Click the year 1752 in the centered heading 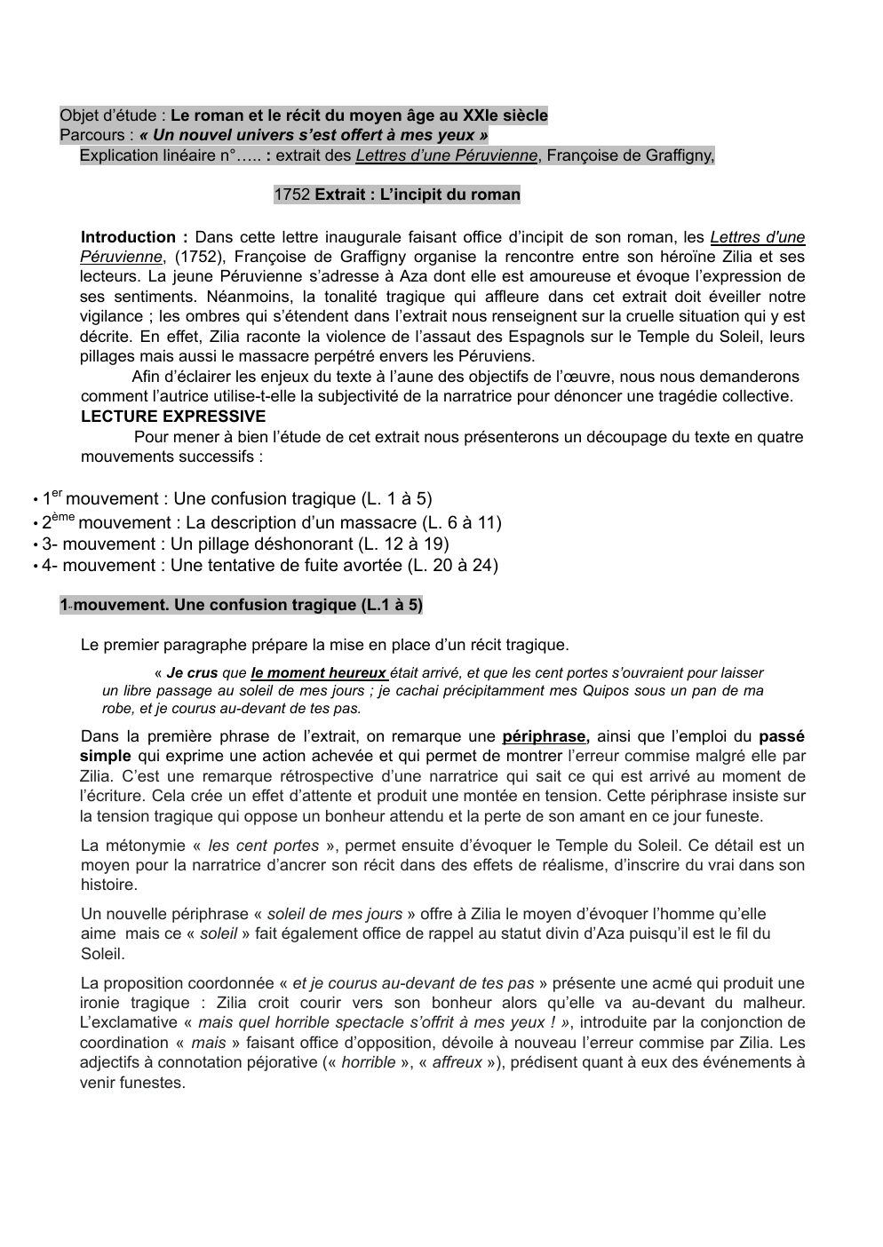[x=292, y=195]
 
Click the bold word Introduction [x=129, y=237]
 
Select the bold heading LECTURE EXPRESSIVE [x=173, y=417]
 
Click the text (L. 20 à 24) [x=453, y=565]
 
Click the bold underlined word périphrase [x=544, y=736]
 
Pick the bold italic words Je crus [x=192, y=673]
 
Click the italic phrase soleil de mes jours [x=335, y=914]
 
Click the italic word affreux [x=457, y=1062]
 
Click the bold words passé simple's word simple [x=105, y=756]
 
